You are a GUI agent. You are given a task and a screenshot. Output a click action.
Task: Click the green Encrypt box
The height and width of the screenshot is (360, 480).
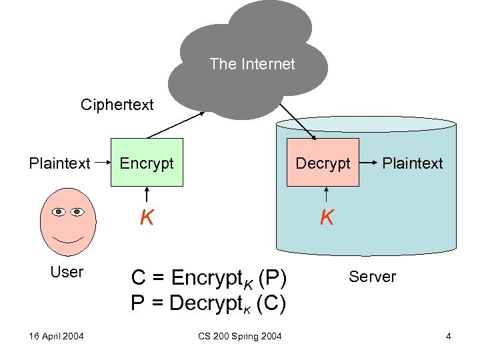point(147,163)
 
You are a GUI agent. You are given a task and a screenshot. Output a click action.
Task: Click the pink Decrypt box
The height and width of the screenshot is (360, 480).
point(323,163)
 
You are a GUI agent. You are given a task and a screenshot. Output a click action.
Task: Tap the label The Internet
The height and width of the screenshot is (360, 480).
point(251,64)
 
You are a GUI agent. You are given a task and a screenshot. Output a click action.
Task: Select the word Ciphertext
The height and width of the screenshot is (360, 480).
point(117,105)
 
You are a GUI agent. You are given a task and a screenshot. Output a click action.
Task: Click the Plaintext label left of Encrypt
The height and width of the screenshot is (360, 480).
point(59,163)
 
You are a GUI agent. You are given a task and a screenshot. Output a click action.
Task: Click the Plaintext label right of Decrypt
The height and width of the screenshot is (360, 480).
point(412,163)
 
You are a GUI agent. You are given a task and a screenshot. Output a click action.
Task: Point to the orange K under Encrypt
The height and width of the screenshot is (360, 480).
point(147,217)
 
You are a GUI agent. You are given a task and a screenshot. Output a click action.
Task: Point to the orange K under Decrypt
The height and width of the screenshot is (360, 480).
point(326,217)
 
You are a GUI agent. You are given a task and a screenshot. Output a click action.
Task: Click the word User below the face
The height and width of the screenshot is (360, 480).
point(67,272)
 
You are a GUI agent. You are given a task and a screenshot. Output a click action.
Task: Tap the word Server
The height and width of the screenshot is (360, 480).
point(372,277)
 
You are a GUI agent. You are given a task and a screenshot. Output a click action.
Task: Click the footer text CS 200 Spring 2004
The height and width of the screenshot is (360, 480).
point(240,336)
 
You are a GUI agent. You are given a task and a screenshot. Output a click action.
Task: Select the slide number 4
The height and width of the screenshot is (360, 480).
point(449,336)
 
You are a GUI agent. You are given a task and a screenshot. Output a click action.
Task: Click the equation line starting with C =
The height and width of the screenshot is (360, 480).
point(209,277)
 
